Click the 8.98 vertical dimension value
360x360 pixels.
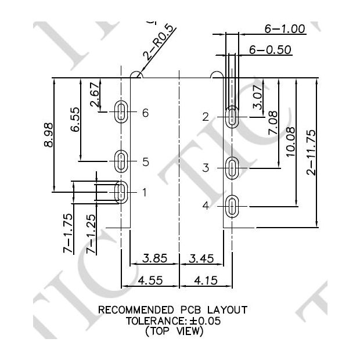48,135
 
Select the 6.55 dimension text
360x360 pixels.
75,119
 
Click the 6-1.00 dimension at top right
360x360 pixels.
285,28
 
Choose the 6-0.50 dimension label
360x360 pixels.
270,50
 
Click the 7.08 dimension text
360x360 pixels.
272,124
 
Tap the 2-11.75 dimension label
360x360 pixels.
311,152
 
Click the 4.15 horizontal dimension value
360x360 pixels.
205,280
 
